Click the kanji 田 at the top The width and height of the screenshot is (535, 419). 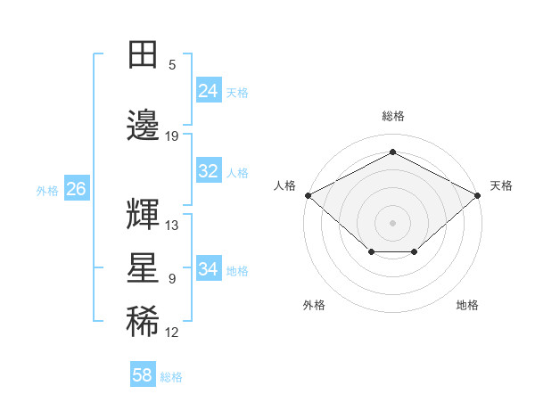[x=143, y=55]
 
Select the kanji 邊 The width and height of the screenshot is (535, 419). [x=143, y=125]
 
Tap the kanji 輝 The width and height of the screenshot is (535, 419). [x=143, y=214]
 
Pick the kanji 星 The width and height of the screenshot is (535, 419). [x=143, y=268]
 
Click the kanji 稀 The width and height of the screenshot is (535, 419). [x=143, y=323]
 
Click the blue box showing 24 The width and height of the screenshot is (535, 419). [x=208, y=91]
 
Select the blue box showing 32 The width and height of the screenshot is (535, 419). [x=208, y=171]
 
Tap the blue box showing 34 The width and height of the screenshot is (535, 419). [x=208, y=269]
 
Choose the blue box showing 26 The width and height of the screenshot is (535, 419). [x=76, y=189]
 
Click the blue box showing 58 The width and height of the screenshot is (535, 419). [x=142, y=375]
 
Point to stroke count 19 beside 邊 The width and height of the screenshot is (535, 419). [x=172, y=136]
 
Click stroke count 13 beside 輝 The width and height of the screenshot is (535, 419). [x=172, y=226]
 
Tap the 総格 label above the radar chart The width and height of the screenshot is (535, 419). [x=392, y=116]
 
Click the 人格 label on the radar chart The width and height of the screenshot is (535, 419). [x=284, y=185]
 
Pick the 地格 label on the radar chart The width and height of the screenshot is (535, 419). [x=467, y=306]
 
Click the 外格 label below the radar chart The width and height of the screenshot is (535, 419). [x=314, y=306]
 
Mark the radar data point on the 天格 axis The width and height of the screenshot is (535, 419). [x=478, y=194]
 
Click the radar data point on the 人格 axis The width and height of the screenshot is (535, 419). [x=308, y=194]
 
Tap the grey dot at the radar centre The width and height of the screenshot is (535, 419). [x=392, y=222]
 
